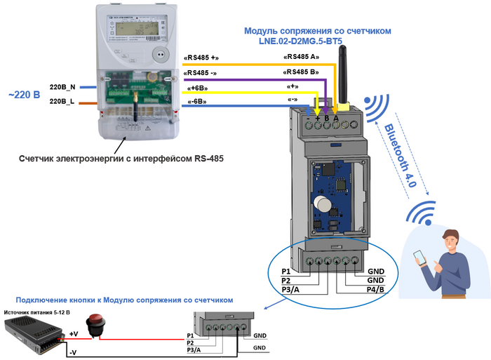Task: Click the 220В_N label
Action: point(62,87)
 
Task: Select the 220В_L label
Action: point(62,102)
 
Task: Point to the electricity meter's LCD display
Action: point(134,28)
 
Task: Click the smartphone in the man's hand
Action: point(420,255)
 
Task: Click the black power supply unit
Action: point(32,337)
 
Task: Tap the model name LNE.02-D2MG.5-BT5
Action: point(317,43)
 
